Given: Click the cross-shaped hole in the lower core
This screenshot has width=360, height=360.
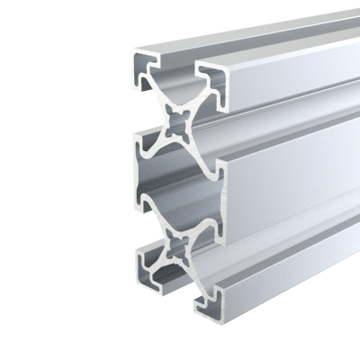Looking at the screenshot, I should pyautogui.click(x=177, y=244).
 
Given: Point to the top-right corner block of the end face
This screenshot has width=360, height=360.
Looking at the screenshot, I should pyautogui.click(x=209, y=81).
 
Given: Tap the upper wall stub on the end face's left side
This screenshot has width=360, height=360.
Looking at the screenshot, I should pyautogui.click(x=142, y=144).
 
